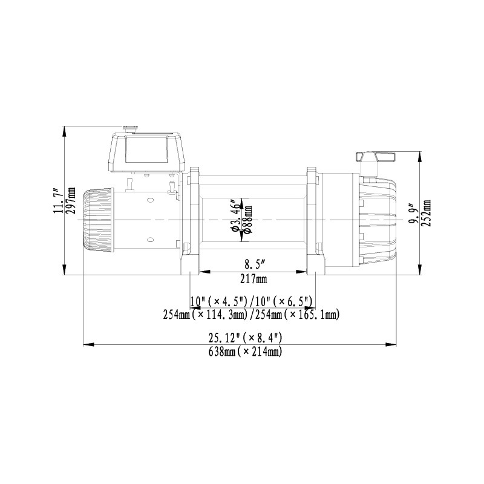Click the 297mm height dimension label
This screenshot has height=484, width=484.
tap(71, 201)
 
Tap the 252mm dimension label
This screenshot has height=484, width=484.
tap(428, 213)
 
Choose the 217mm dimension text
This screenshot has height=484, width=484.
tap(253, 280)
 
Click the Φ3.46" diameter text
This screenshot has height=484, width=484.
tap(236, 215)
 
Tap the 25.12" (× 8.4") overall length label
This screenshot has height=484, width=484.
tap(245, 338)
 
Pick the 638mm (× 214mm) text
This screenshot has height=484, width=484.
tap(245, 352)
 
